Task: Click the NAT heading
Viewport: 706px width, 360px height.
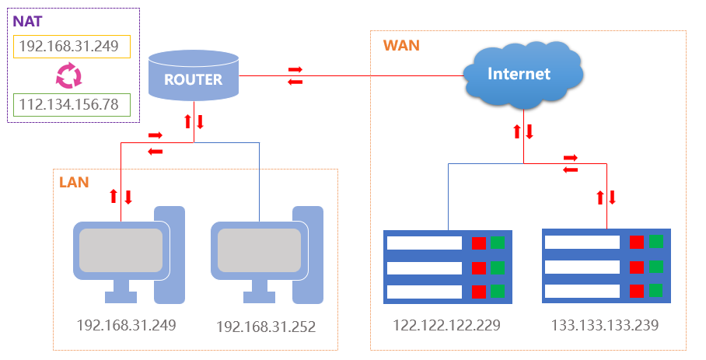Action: (27, 22)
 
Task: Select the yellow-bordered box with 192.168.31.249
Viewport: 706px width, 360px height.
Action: (72, 47)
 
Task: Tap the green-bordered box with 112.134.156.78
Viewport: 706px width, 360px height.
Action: (72, 105)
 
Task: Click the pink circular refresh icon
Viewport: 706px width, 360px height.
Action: (69, 75)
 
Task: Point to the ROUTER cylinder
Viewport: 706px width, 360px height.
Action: (194, 75)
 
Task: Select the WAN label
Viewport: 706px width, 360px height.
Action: (401, 45)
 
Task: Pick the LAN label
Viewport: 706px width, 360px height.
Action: (74, 182)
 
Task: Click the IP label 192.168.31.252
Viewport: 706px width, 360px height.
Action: (266, 327)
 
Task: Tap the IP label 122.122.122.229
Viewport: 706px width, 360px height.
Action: (446, 325)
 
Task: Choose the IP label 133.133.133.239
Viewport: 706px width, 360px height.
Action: (605, 325)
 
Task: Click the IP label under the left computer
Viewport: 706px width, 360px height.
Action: (126, 325)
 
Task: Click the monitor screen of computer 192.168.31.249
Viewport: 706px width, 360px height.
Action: (121, 250)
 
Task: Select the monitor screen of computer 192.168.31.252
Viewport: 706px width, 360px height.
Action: (259, 250)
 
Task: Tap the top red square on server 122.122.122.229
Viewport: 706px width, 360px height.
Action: (479, 243)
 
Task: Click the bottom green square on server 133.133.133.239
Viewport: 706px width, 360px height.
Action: (655, 290)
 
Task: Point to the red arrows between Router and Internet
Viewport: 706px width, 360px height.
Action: (295, 75)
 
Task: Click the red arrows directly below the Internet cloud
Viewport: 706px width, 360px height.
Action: (523, 132)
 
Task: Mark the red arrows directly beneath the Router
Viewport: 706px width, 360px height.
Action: (194, 121)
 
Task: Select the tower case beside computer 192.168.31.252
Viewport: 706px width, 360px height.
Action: (308, 255)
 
